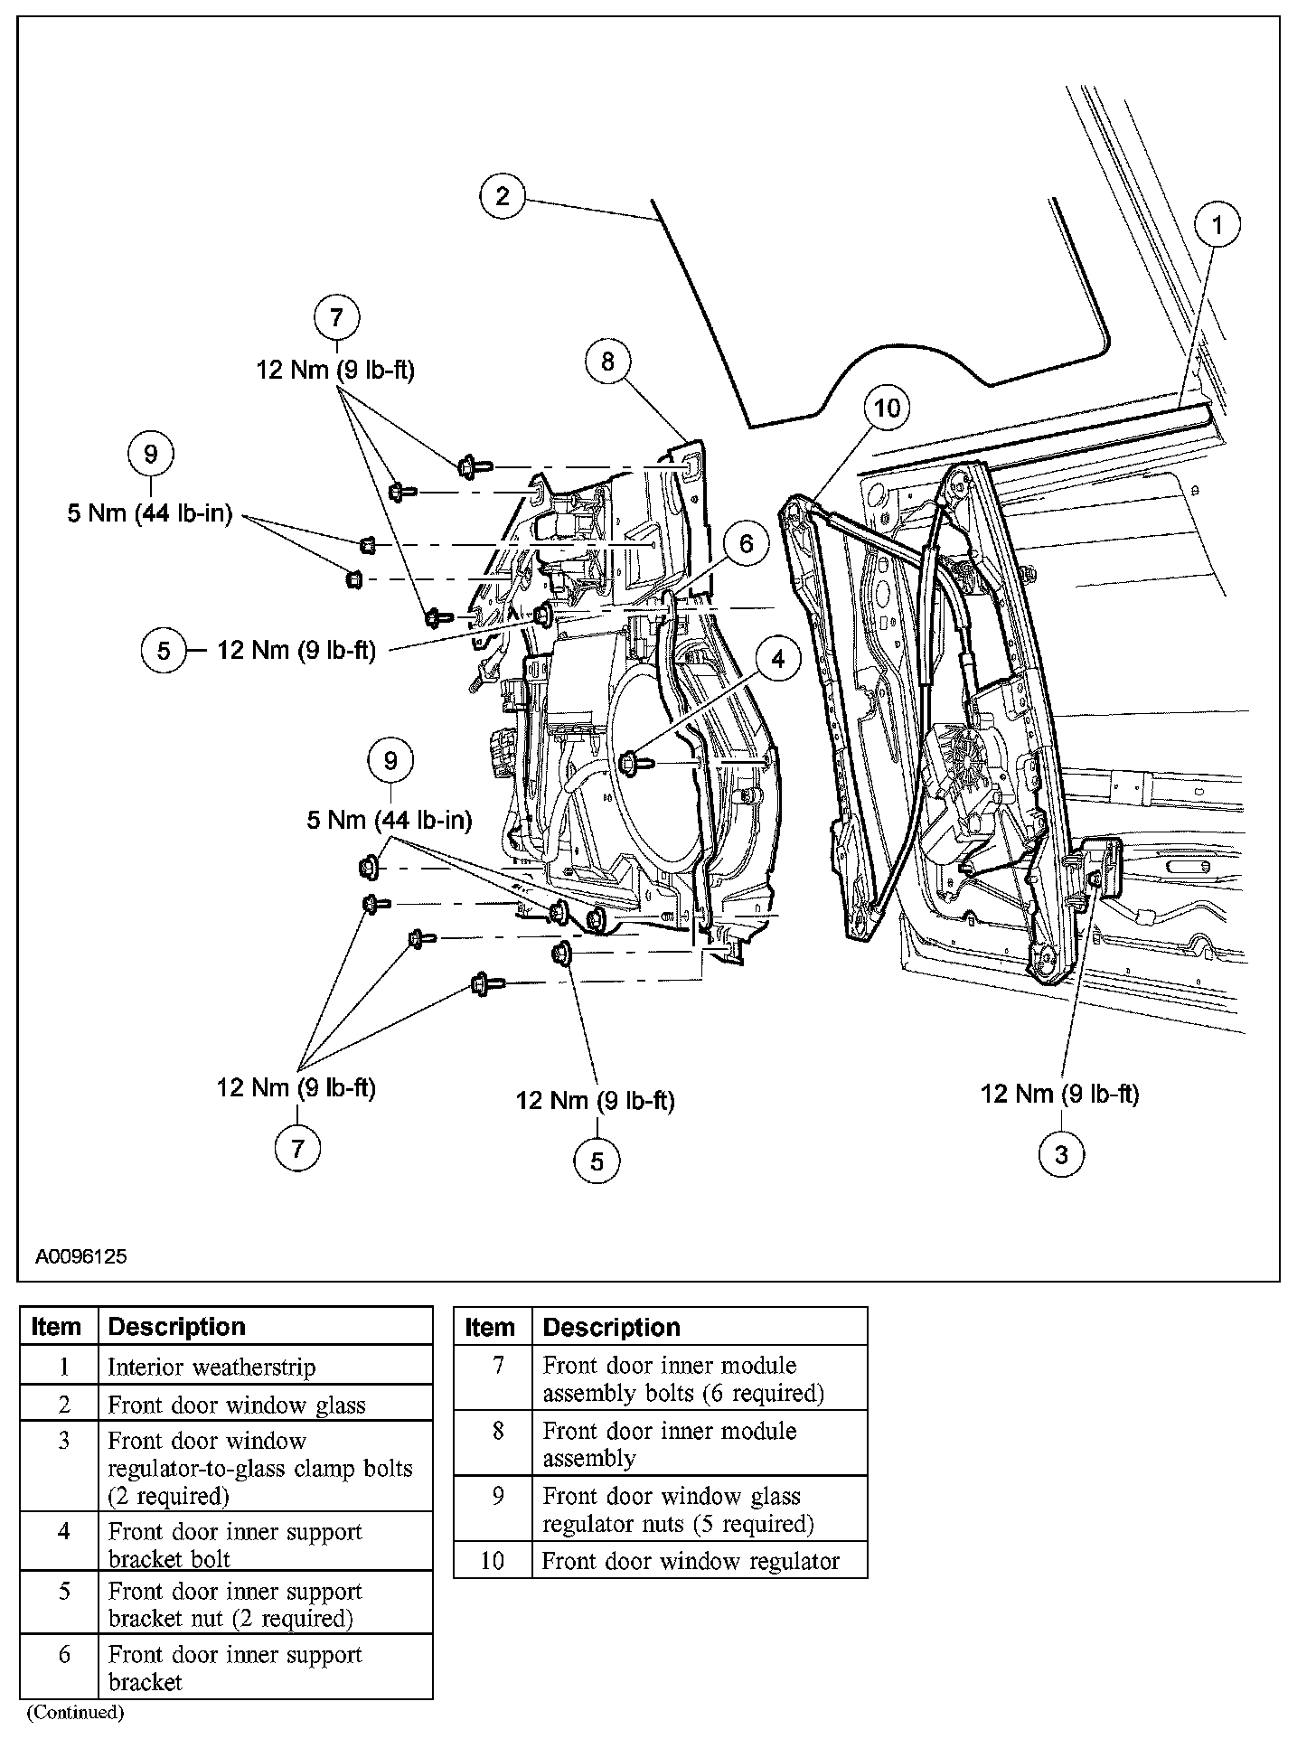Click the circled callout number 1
pyautogui.click(x=1217, y=224)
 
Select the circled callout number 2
pyautogui.click(x=503, y=196)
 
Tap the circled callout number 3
pyautogui.click(x=1060, y=1154)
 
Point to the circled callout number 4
pyautogui.click(x=778, y=659)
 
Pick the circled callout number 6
pyautogui.click(x=746, y=543)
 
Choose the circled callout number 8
pyautogui.click(x=607, y=362)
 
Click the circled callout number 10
pyautogui.click(x=887, y=408)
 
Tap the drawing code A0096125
pyautogui.click(x=81, y=1256)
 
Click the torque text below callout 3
pyautogui.click(x=1059, y=1094)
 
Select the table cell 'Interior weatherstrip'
pyautogui.click(x=211, y=1367)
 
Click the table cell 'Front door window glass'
pyautogui.click(x=237, y=1405)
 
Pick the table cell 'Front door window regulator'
pyautogui.click(x=691, y=1561)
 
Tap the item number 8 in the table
pyautogui.click(x=497, y=1432)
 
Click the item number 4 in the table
pyautogui.click(x=63, y=1531)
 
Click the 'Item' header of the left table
pyautogui.click(x=56, y=1326)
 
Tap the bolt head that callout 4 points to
pyautogui.click(x=630, y=763)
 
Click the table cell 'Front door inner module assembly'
pyautogui.click(x=669, y=1444)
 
